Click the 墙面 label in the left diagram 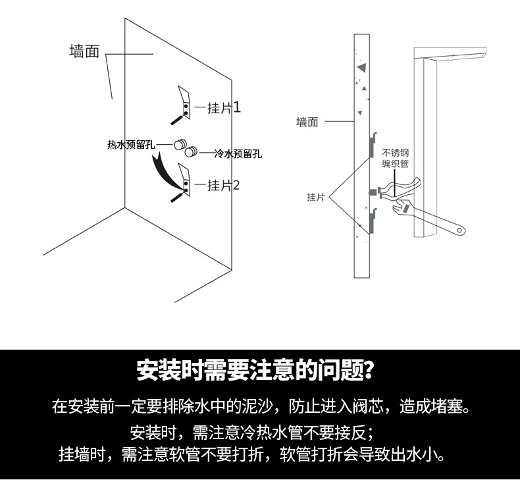(x=84, y=52)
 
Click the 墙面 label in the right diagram (x=307, y=122)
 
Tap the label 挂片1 (x=224, y=108)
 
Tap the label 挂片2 (x=224, y=186)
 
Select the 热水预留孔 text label (x=132, y=145)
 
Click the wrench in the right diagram (x=428, y=217)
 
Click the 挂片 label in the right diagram (x=316, y=197)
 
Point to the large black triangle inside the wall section (x=360, y=67)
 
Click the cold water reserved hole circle (x=191, y=153)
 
